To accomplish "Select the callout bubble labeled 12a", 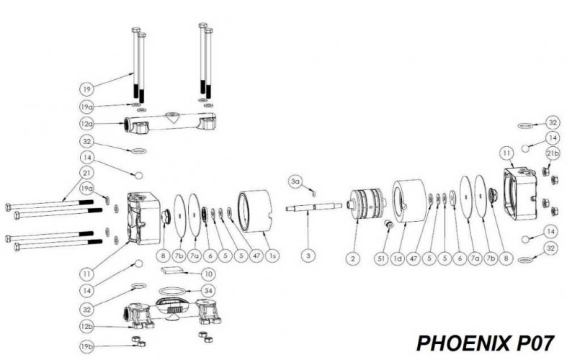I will [86, 124].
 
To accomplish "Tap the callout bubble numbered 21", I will [86, 173].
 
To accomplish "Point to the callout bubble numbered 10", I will [208, 274].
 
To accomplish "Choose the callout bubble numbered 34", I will [208, 291].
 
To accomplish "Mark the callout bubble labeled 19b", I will [86, 346].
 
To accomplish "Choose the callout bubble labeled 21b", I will [553, 154].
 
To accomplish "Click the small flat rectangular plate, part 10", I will [175, 269].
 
